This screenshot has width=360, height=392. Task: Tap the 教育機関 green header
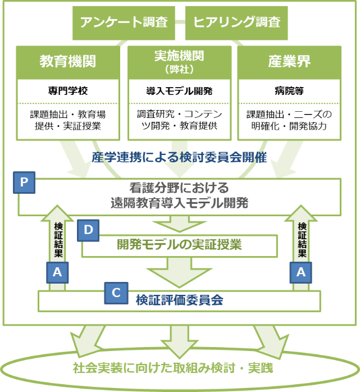tap(68, 62)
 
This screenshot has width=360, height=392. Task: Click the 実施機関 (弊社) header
tap(179, 62)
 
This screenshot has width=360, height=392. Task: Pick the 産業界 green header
tap(289, 62)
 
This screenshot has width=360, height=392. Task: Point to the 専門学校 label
tap(68, 90)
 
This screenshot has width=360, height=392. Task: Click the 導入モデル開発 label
tap(179, 90)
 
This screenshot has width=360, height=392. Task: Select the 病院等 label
tap(289, 90)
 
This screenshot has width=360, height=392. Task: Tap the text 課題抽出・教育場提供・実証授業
tap(68, 120)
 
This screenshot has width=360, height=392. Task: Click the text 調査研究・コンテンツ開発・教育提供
tap(179, 120)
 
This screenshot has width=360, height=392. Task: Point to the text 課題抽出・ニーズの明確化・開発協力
tap(289, 120)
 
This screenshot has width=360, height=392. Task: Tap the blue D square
tap(88, 230)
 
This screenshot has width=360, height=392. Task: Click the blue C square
tap(116, 293)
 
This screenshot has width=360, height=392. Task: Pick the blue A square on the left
tap(57, 272)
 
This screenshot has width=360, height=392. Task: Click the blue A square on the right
tap(301, 272)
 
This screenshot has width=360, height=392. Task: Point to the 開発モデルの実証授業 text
tap(179, 245)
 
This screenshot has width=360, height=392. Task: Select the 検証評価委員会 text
tap(179, 300)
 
